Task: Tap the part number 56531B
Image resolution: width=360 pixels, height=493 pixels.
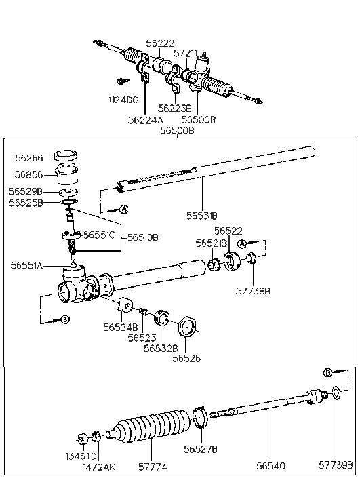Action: pos(202,216)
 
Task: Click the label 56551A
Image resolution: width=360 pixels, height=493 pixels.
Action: pos(27,266)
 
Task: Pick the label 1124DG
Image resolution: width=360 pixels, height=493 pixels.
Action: pos(123,100)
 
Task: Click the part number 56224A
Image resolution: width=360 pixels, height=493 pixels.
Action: pos(145,120)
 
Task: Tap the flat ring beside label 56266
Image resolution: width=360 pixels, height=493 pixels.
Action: pos(66,154)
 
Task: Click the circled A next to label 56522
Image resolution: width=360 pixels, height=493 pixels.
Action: pos(241,243)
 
